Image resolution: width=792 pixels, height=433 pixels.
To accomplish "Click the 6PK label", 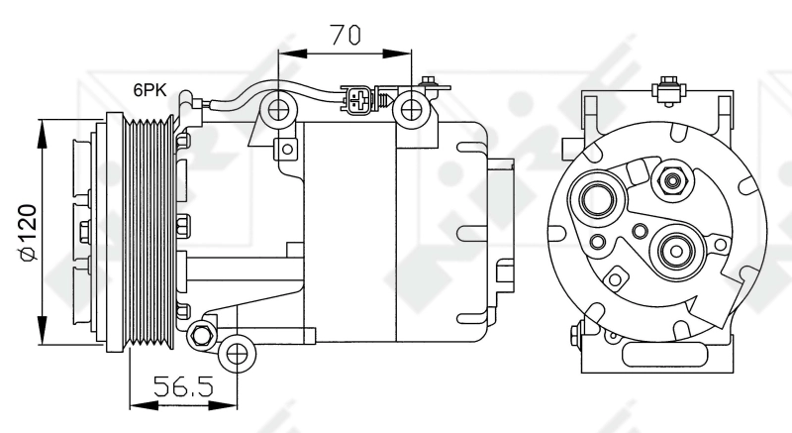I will coord(150,90).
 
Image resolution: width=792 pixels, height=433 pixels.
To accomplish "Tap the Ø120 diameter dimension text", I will coord(27,232).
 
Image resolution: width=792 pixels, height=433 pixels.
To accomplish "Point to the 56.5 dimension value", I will coord(186,386).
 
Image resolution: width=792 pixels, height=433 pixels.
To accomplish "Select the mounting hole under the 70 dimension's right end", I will coord(411,109).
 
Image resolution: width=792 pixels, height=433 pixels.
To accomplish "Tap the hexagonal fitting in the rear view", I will coord(673,181).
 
